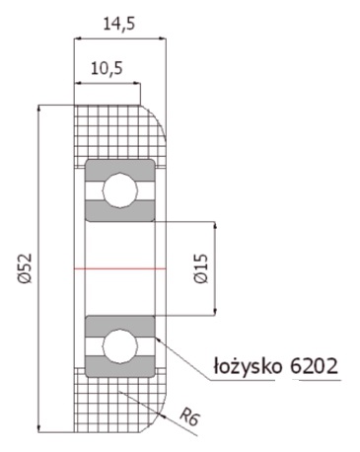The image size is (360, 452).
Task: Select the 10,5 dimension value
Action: pos(107,70)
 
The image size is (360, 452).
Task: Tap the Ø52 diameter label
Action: pos(25,268)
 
